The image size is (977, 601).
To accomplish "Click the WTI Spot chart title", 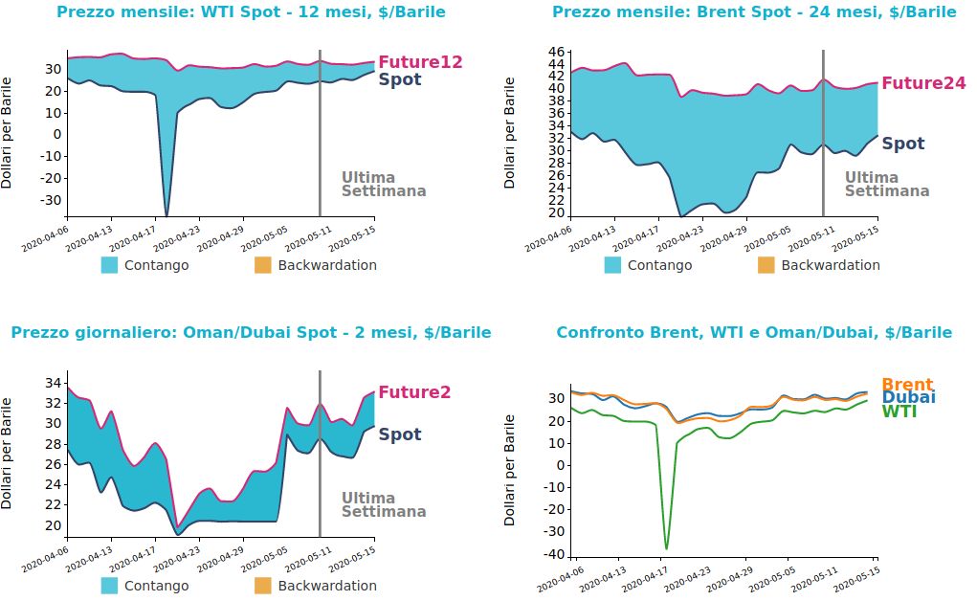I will [x=251, y=12].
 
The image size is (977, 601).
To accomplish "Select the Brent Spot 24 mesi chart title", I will [x=754, y=12].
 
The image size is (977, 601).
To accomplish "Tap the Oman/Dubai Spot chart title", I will [x=251, y=333].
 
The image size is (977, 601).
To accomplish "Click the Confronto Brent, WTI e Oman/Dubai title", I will [x=754, y=333].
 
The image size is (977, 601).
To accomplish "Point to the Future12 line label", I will [x=420, y=62].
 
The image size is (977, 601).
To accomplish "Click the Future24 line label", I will [x=923, y=83].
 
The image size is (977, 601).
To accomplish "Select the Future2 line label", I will [x=414, y=392].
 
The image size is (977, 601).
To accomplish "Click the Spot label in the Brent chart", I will [x=902, y=145].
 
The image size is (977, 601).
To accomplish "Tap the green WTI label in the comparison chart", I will [x=899, y=412].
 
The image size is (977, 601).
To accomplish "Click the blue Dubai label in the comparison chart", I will [x=908, y=397].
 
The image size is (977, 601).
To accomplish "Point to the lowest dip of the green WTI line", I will [x=666, y=549].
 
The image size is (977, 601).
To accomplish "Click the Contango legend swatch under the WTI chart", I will [x=110, y=265].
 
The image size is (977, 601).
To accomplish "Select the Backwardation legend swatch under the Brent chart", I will [x=766, y=265].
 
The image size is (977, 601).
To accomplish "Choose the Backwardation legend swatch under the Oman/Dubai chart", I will [x=263, y=586].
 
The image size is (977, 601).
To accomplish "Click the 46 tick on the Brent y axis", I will [x=556, y=51].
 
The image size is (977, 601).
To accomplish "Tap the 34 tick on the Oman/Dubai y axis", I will [x=54, y=383].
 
